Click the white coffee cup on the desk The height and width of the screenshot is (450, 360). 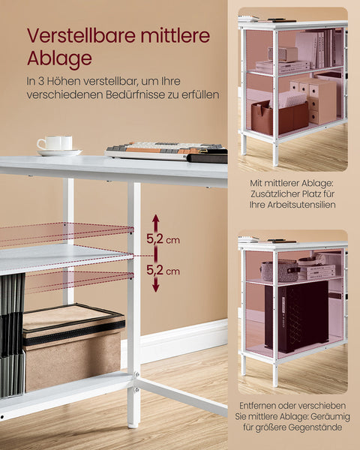[57, 142]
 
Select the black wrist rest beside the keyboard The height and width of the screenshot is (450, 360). [207, 157]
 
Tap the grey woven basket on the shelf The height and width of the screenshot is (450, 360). [279, 271]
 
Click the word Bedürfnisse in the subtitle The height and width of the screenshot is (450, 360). [136, 94]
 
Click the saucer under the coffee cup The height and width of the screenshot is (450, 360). [59, 152]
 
